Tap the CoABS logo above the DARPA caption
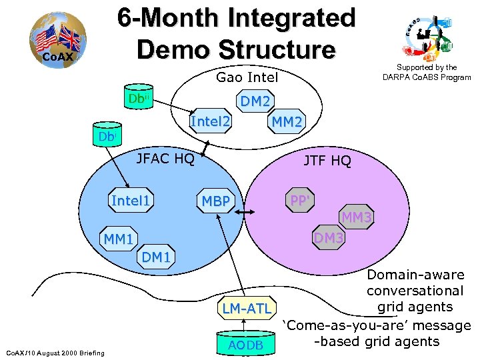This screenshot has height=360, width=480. coord(429,37)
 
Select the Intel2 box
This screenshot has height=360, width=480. coord(211,122)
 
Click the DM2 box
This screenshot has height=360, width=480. coord(255,101)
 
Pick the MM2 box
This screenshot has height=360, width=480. coord(286,122)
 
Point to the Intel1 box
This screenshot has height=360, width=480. coord(131,201)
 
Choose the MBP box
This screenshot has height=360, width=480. coord(216,202)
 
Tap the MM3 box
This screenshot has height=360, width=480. coord(357,217)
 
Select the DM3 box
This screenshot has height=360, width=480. coord(329,238)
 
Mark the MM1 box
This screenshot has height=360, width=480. coord(118,239)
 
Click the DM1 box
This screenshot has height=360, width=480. coord(156,257)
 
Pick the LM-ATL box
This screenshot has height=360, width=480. coord(247,308)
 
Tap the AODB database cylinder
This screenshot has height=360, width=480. coord(246,342)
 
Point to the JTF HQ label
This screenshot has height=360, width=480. coord(327,161)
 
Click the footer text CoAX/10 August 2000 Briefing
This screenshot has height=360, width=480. coord(55,352)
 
